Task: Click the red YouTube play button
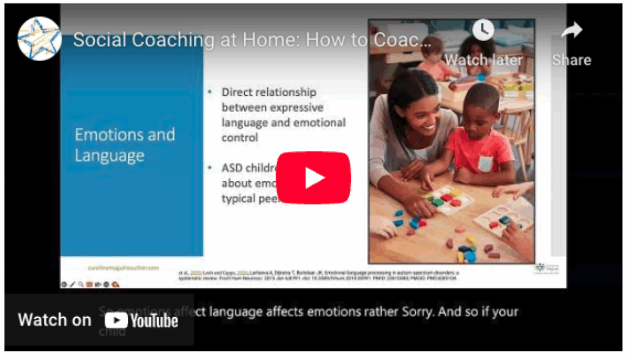(x=313, y=178)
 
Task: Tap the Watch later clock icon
(x=483, y=30)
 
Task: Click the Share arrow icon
(x=571, y=31)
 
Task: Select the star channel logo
(x=39, y=38)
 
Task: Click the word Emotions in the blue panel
(x=125, y=134)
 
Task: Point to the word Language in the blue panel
(x=109, y=156)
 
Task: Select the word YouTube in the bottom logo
(x=154, y=321)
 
